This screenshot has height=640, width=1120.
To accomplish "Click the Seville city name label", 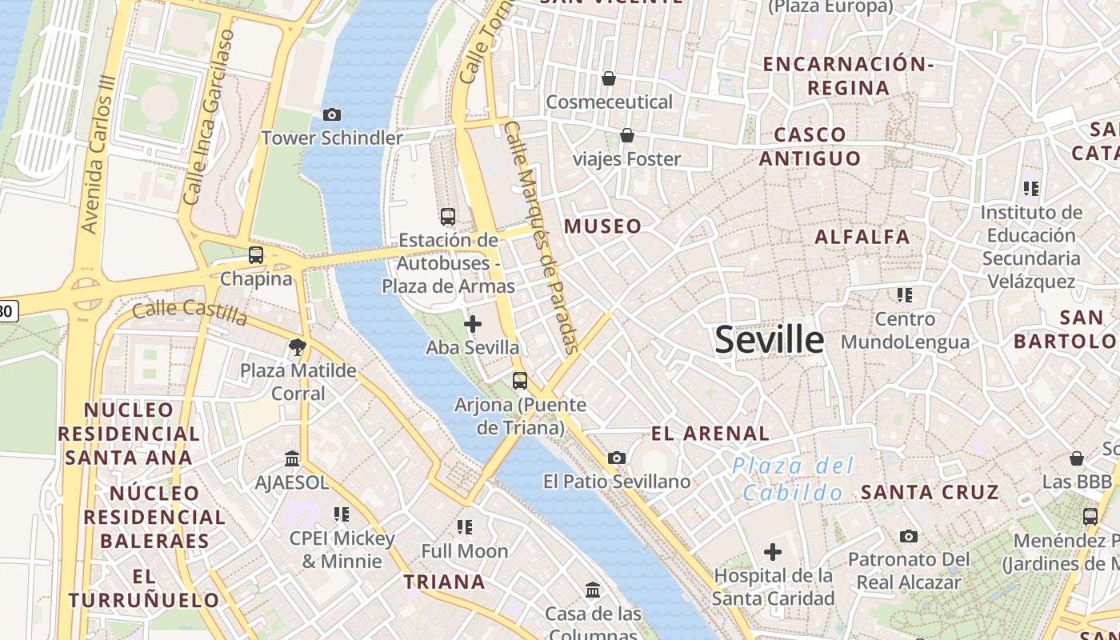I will (x=769, y=340).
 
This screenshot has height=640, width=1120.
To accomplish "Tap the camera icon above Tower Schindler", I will (x=332, y=115).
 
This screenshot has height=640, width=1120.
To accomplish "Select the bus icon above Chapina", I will (x=256, y=255).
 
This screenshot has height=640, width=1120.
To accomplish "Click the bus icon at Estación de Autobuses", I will (x=448, y=216).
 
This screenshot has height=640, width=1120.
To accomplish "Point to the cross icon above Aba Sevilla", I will (x=473, y=324).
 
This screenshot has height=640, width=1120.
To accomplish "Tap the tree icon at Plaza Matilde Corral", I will (x=298, y=347).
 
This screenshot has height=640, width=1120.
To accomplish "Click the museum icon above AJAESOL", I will (x=292, y=459).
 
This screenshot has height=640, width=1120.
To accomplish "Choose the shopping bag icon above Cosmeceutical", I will (x=609, y=78).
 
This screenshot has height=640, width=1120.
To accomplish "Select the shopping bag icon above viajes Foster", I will (x=627, y=135).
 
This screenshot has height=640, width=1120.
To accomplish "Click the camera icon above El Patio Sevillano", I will (x=616, y=458).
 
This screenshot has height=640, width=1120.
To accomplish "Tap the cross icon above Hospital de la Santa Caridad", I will (x=773, y=552).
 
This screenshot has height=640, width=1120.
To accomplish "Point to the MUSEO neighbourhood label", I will (x=603, y=226).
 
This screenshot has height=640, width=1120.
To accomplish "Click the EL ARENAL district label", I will (x=710, y=434).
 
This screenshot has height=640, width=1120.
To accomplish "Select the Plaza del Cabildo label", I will (x=793, y=479).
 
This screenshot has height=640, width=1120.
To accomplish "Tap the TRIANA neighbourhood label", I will (x=444, y=582).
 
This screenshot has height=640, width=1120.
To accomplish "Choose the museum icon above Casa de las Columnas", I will (x=593, y=590).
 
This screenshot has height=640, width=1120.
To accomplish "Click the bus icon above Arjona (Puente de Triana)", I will (x=520, y=381).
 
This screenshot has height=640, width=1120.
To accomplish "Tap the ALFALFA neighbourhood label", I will (x=862, y=237).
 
